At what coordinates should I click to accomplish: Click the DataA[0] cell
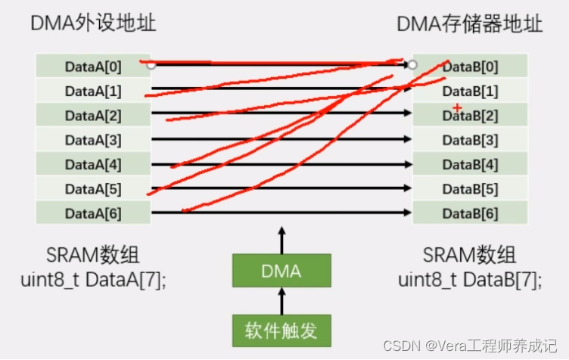(x=93, y=67)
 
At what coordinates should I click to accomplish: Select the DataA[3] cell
(x=93, y=140)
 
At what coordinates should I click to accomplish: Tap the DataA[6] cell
(x=93, y=213)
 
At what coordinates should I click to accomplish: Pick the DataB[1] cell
(x=470, y=92)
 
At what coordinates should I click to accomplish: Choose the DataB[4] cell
(x=470, y=165)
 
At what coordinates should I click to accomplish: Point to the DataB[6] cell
(x=470, y=213)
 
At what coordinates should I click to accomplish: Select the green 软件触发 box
(x=281, y=330)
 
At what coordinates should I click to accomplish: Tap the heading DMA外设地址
(x=93, y=23)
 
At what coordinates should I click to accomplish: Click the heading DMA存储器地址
(x=470, y=23)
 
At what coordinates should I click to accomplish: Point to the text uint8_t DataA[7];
(x=93, y=279)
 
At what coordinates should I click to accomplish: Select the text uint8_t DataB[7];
(x=470, y=279)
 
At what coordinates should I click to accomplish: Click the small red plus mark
(x=457, y=109)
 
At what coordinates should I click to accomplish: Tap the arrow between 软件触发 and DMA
(x=281, y=302)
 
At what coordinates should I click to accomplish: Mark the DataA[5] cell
(x=93, y=189)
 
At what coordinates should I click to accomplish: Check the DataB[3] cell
(x=470, y=140)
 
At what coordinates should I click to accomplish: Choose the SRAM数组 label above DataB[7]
(x=469, y=254)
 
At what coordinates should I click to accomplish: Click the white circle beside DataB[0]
(x=412, y=65)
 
